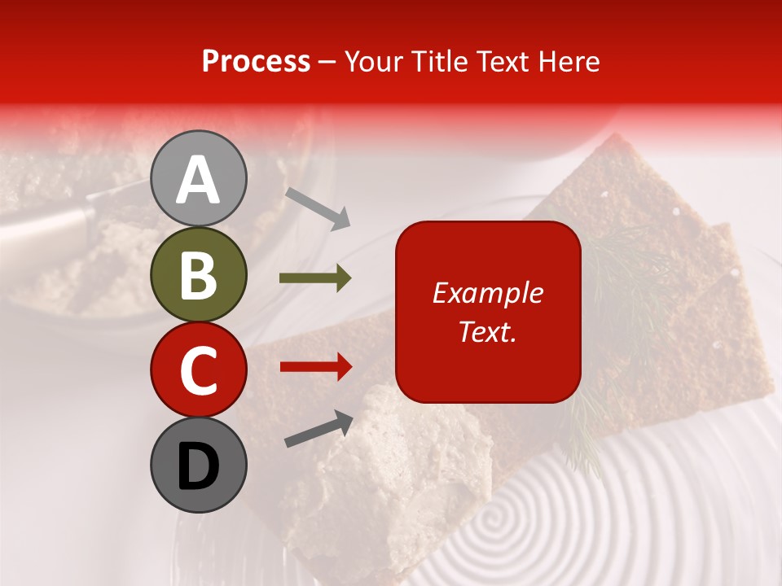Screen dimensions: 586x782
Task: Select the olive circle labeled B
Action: pos(198,274)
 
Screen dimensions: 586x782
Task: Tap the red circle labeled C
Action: pos(198,370)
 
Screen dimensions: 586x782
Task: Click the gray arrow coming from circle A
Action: pos(317,207)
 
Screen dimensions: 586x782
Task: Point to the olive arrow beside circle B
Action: pos(315,278)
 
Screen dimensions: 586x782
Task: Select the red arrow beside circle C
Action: pos(315,366)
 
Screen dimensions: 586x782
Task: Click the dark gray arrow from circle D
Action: pos(319,429)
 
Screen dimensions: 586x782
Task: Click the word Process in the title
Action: pos(256,61)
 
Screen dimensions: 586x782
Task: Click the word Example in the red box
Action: pos(487,293)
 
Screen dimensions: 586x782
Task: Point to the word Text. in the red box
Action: pos(487,331)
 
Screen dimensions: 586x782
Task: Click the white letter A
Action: pos(198,180)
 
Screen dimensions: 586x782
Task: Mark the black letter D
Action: pos(198,466)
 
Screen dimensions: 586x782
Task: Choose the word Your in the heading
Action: pos(372,61)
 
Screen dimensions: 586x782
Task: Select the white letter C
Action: pos(198,370)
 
